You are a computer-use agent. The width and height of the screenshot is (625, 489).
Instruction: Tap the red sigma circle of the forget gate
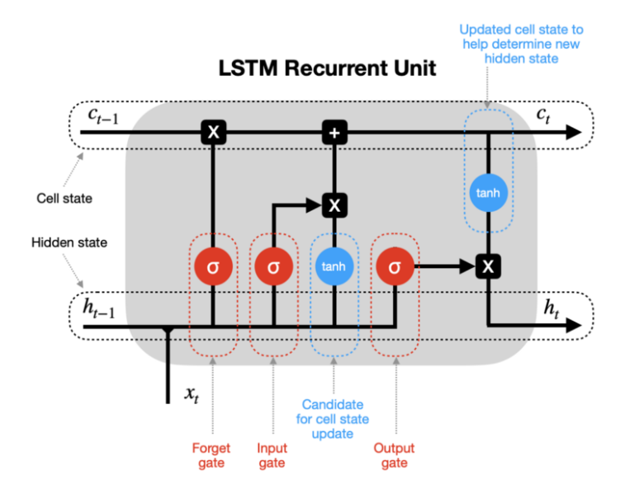(x=213, y=267)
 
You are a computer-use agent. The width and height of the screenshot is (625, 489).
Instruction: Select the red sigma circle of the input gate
(x=273, y=267)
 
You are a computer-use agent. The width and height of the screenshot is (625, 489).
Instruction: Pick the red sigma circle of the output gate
(x=395, y=267)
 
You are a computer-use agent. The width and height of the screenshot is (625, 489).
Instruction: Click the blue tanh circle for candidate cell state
(x=334, y=267)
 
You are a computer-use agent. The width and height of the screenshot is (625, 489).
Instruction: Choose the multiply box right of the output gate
(x=488, y=267)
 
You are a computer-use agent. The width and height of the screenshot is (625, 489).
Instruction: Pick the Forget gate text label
(x=211, y=456)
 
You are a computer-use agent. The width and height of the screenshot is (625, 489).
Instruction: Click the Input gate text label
(x=272, y=456)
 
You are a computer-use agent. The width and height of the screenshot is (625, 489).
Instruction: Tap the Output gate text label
(x=394, y=456)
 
